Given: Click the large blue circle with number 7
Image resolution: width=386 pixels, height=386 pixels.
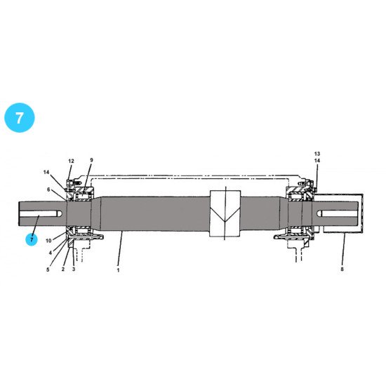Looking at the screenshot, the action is [20, 118].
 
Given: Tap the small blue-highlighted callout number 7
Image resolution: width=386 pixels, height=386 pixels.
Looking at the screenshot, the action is [32, 240].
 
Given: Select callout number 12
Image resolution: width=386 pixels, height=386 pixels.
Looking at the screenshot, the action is [71, 161].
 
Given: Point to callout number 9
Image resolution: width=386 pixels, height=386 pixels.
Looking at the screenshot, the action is [91, 160].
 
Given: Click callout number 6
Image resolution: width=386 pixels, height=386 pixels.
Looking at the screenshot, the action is [48, 189].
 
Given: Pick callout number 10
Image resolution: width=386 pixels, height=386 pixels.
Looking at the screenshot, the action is [48, 241].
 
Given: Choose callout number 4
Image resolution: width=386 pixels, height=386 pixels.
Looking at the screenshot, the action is [51, 253].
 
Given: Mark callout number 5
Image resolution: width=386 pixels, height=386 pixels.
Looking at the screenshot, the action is [48, 269].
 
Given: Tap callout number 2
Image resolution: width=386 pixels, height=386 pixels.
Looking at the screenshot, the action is [63, 269].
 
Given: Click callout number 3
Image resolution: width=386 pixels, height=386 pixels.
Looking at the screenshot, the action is [74, 269].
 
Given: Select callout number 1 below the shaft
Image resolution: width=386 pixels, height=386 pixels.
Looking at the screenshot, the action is [118, 270].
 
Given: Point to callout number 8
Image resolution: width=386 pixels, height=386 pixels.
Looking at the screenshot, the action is [342, 269].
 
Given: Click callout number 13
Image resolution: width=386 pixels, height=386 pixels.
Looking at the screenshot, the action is [317, 154].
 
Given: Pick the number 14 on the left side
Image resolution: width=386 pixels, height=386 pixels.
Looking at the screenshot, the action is [46, 173].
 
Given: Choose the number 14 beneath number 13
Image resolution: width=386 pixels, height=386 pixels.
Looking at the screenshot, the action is [317, 161].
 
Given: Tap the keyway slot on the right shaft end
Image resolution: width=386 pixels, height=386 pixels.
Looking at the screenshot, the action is [338, 213].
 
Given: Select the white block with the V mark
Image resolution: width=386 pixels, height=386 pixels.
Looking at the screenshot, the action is [225, 213].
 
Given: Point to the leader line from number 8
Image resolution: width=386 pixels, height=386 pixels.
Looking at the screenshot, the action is [344, 249].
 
